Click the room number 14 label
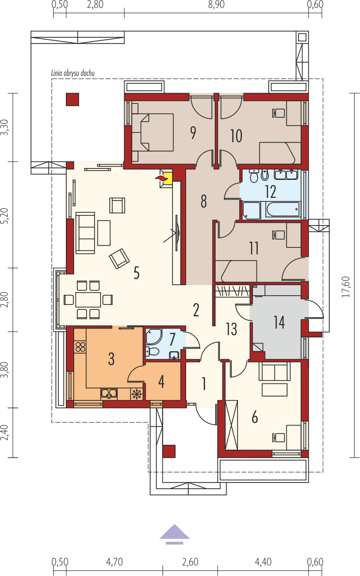coord(279,322)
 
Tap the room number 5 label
coord(137,273)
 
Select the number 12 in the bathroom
coord(270,192)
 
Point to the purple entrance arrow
coord(174,533)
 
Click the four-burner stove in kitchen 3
coord(80,347)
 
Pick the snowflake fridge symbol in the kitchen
coord(137,394)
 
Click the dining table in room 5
coord(88,300)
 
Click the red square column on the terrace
coord(72,99)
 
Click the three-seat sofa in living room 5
coord(85,233)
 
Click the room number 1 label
coord(204,383)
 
